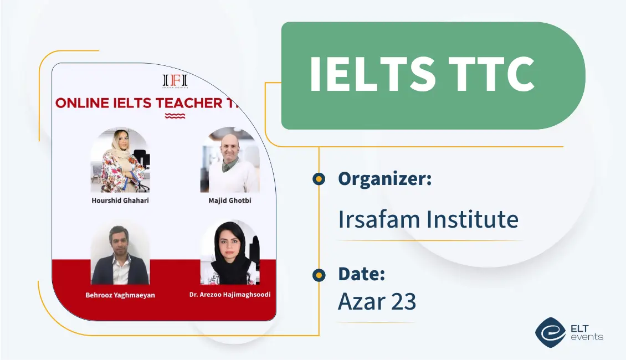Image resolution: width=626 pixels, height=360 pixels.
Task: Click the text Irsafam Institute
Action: pos(428,219)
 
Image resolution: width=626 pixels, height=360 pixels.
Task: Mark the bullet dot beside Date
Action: pos(319,275)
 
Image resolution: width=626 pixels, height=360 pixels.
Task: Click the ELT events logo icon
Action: pos(550,332)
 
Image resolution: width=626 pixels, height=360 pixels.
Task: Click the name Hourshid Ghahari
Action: pos(120,200)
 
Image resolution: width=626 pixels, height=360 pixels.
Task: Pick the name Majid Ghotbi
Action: pos(229,200)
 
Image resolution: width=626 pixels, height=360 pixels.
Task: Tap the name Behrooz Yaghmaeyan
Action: pos(120,295)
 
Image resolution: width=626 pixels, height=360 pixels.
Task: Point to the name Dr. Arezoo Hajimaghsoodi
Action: pos(229,295)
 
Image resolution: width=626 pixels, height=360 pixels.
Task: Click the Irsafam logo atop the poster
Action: pos(175,81)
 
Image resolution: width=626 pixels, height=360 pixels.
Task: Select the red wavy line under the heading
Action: pos(175,116)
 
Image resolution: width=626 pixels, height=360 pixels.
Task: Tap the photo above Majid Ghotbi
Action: pos(229,161)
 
